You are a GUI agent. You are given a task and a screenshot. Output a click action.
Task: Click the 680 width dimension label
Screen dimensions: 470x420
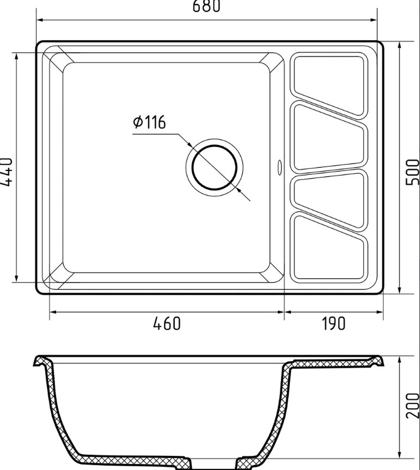pyautogui.click(x=206, y=7)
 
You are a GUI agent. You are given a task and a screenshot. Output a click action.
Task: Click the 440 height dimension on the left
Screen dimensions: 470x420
pyautogui.click(x=7, y=172)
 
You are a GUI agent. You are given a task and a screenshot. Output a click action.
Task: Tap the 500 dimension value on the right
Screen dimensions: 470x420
pyautogui.click(x=412, y=172)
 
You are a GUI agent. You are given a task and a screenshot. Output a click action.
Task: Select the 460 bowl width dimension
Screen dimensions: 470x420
pyautogui.click(x=167, y=323)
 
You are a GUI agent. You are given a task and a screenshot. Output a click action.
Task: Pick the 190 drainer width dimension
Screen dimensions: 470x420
pyautogui.click(x=333, y=323)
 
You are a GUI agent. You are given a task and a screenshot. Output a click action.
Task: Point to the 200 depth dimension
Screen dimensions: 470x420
pyautogui.click(x=412, y=405)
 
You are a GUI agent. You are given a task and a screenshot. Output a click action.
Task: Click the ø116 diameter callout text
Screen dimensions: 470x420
pyautogui.click(x=149, y=122)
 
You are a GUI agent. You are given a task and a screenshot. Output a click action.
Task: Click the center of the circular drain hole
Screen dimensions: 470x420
pyautogui.click(x=214, y=168)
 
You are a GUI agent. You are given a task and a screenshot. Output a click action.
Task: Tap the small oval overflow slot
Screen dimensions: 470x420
pyautogui.click(x=280, y=168)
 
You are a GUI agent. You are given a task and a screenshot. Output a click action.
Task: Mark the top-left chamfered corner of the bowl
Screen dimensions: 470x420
pyautogui.click(x=61, y=62)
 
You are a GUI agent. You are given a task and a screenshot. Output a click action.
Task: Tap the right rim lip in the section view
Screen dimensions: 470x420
pyautogui.click(x=376, y=361)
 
